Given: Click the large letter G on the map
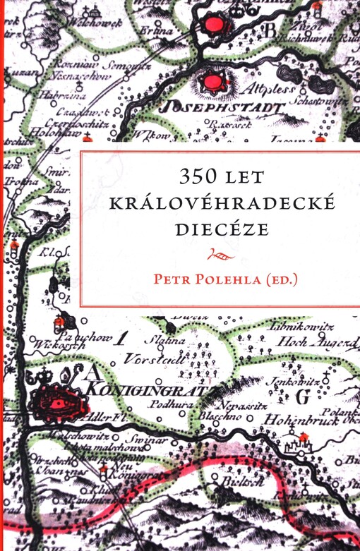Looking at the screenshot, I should tap(302, 397).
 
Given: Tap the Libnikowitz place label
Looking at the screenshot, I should tap(296, 325).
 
